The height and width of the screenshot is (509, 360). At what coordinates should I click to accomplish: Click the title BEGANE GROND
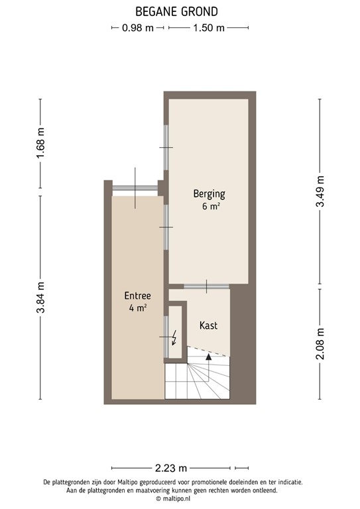(x=176, y=11)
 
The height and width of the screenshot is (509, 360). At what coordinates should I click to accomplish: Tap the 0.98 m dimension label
(x=137, y=28)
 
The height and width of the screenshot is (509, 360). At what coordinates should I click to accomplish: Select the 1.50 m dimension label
(x=208, y=28)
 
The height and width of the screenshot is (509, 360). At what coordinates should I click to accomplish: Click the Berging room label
(x=209, y=194)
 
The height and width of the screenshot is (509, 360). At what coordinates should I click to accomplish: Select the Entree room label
(x=138, y=296)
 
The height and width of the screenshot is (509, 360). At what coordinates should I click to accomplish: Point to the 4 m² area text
(x=138, y=308)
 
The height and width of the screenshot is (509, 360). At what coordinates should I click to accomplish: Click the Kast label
(x=208, y=325)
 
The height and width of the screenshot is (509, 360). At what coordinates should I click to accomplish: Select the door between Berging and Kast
(x=206, y=286)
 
